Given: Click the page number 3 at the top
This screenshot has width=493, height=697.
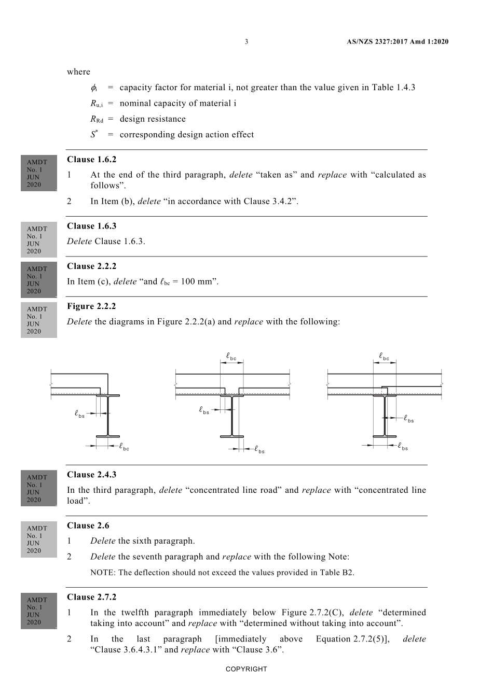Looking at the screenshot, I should pos(246,41).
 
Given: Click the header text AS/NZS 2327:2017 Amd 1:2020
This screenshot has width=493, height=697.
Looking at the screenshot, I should pos(398,41).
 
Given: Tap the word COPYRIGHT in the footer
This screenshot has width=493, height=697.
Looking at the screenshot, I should pos(246,669).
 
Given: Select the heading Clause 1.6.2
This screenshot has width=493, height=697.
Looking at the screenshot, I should pos(92,160).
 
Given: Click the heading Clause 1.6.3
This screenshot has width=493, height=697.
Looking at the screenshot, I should pos(92,226).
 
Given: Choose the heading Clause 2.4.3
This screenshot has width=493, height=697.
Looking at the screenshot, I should pos(92,475).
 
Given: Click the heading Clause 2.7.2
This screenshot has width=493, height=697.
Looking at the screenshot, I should pos(92,597).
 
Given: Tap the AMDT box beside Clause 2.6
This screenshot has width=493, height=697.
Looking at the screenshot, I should pos(39,539).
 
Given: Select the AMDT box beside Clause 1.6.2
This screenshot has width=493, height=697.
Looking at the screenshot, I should pos(39,173).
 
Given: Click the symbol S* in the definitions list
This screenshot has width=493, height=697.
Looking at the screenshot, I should pos(94,134).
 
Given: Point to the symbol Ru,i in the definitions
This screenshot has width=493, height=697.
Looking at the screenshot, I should pos(97,103).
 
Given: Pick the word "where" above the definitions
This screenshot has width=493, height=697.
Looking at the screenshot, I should pos(78,72).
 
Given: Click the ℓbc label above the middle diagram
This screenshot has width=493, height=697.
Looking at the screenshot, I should pos(231,356).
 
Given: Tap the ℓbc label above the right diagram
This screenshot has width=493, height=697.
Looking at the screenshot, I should pos(384,356).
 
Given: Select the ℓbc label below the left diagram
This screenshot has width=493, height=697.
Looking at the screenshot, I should pos(124,446).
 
